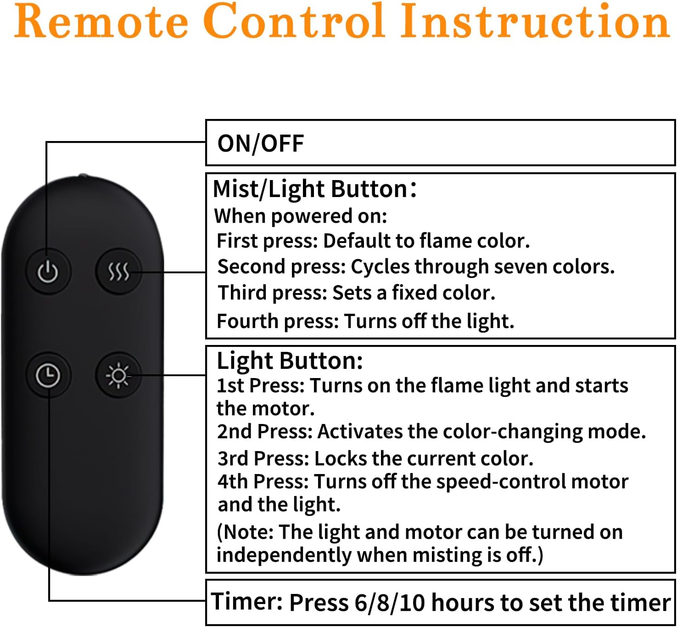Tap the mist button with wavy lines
(x=118, y=271)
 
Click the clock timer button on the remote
(x=48, y=375)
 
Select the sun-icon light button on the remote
(x=118, y=375)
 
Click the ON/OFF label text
(x=261, y=143)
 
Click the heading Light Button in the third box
(x=290, y=361)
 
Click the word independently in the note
(x=284, y=555)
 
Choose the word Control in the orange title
(x=294, y=21)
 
